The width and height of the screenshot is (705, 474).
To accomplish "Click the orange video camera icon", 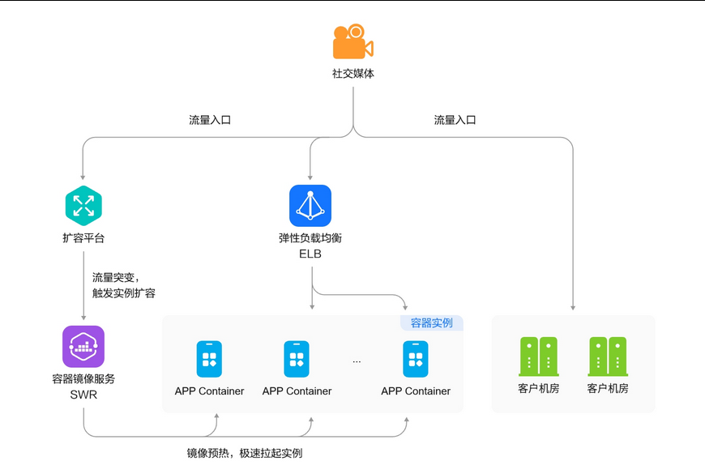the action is [353, 41].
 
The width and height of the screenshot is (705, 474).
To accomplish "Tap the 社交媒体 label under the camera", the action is [353, 73].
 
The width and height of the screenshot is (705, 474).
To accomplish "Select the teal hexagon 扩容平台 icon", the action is [83, 206].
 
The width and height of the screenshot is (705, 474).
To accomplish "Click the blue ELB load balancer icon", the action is [310, 206].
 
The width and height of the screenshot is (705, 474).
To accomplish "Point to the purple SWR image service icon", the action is [83, 347].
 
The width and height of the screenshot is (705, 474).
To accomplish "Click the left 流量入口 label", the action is [210, 120].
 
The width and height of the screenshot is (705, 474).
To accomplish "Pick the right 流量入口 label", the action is [455, 120].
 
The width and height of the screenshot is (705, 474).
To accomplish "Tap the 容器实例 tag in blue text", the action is [432, 323].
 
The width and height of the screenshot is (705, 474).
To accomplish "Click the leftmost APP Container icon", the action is [209, 359].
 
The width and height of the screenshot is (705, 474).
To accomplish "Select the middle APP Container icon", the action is [297, 359].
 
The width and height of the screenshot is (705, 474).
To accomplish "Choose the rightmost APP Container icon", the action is [416, 359].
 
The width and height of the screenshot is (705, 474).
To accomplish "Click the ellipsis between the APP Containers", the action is [357, 361].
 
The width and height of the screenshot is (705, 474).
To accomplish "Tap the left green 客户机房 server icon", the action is [539, 357].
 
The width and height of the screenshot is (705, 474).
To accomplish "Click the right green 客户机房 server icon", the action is [608, 357].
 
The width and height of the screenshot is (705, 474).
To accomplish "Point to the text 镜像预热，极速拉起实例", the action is [245, 453].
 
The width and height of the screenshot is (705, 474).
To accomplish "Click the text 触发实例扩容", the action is [124, 293].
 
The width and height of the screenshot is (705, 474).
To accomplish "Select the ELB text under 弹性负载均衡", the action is [310, 254].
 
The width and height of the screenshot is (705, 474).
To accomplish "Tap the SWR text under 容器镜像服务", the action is [83, 395].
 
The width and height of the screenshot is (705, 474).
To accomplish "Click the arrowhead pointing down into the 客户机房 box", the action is [573, 308].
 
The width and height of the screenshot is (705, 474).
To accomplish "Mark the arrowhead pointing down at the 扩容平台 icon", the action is [83, 177].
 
